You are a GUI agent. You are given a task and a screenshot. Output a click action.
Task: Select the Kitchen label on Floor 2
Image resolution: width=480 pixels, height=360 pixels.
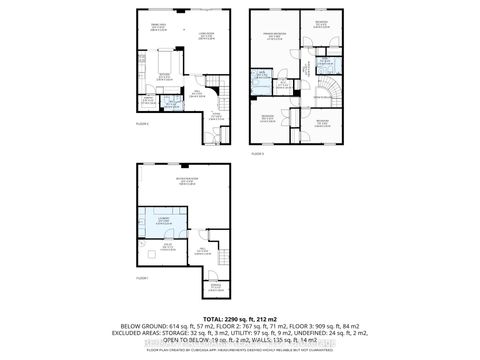coord(165,76)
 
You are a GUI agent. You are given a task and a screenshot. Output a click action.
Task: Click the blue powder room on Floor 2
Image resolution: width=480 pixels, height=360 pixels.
coord(170,102)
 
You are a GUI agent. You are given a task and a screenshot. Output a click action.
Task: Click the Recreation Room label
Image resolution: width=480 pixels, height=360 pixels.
coord(186,181)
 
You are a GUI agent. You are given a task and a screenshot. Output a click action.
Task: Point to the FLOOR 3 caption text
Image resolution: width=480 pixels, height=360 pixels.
coord(256,154)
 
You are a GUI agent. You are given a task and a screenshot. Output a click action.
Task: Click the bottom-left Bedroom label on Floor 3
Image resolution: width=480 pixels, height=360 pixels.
coord(268,118)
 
